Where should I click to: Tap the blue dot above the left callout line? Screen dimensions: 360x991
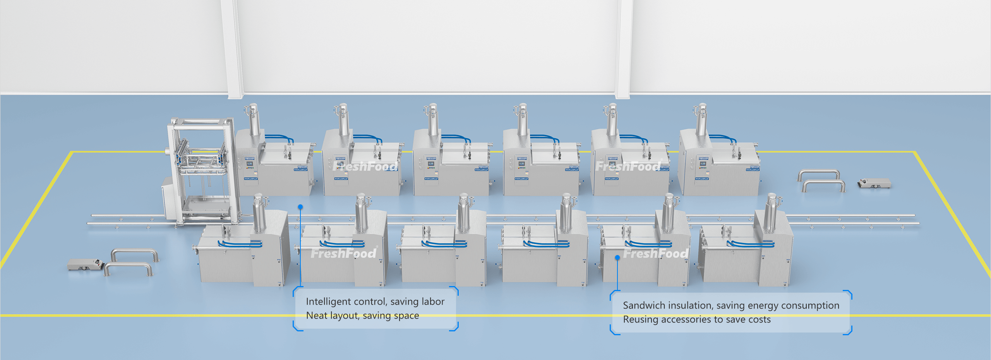click(300, 207)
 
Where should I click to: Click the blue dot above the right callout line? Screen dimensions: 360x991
click(617, 257)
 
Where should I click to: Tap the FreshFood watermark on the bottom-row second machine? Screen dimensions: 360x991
click(343, 254)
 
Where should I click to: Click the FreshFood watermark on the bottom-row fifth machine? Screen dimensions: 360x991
click(656, 254)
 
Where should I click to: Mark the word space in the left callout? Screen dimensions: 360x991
click(406, 316)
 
